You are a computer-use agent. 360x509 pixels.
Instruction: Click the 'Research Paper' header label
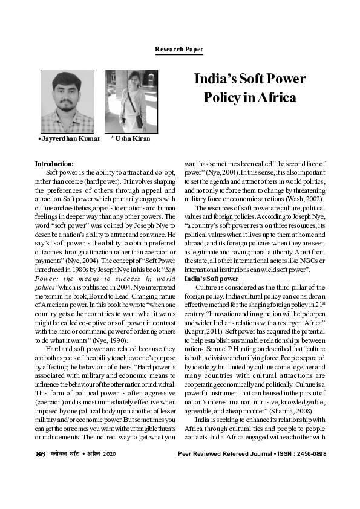179,49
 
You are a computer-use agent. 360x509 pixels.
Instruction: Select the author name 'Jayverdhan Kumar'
68,138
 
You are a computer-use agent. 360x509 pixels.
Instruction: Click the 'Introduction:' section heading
54,164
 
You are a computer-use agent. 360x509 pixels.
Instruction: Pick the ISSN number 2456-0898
309,470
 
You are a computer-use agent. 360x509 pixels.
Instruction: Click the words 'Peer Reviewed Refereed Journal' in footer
224,470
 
